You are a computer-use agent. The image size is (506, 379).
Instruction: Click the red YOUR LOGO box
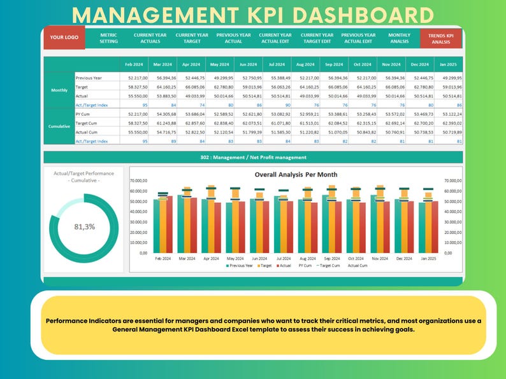pyautogui.click(x=64, y=38)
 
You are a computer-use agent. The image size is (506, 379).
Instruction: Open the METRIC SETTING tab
pyautogui.click(x=108, y=38)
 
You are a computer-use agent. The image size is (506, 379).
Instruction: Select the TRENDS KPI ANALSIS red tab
pyautogui.click(x=441, y=38)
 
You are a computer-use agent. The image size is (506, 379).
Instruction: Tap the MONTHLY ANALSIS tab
pyautogui.click(x=400, y=38)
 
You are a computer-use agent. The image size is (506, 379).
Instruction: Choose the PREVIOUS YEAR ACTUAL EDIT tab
pyautogui.click(x=357, y=38)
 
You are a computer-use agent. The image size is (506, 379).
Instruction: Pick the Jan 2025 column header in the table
pyautogui.click(x=449, y=64)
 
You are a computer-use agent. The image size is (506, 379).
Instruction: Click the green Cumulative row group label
pyautogui.click(x=59, y=126)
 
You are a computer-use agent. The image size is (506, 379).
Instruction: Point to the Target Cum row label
pyautogui.click(x=87, y=123)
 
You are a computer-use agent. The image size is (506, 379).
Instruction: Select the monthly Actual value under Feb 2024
pyautogui.click(x=137, y=95)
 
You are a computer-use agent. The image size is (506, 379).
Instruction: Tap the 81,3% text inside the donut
pyautogui.click(x=85, y=226)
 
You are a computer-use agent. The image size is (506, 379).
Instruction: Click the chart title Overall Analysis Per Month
pyautogui.click(x=296, y=174)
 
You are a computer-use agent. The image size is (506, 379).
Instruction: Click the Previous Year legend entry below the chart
pyautogui.click(x=240, y=266)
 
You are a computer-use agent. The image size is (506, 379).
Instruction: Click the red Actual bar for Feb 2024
pyautogui.click(x=169, y=223)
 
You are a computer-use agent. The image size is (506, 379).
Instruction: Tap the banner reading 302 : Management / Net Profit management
pyautogui.click(x=253, y=157)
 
